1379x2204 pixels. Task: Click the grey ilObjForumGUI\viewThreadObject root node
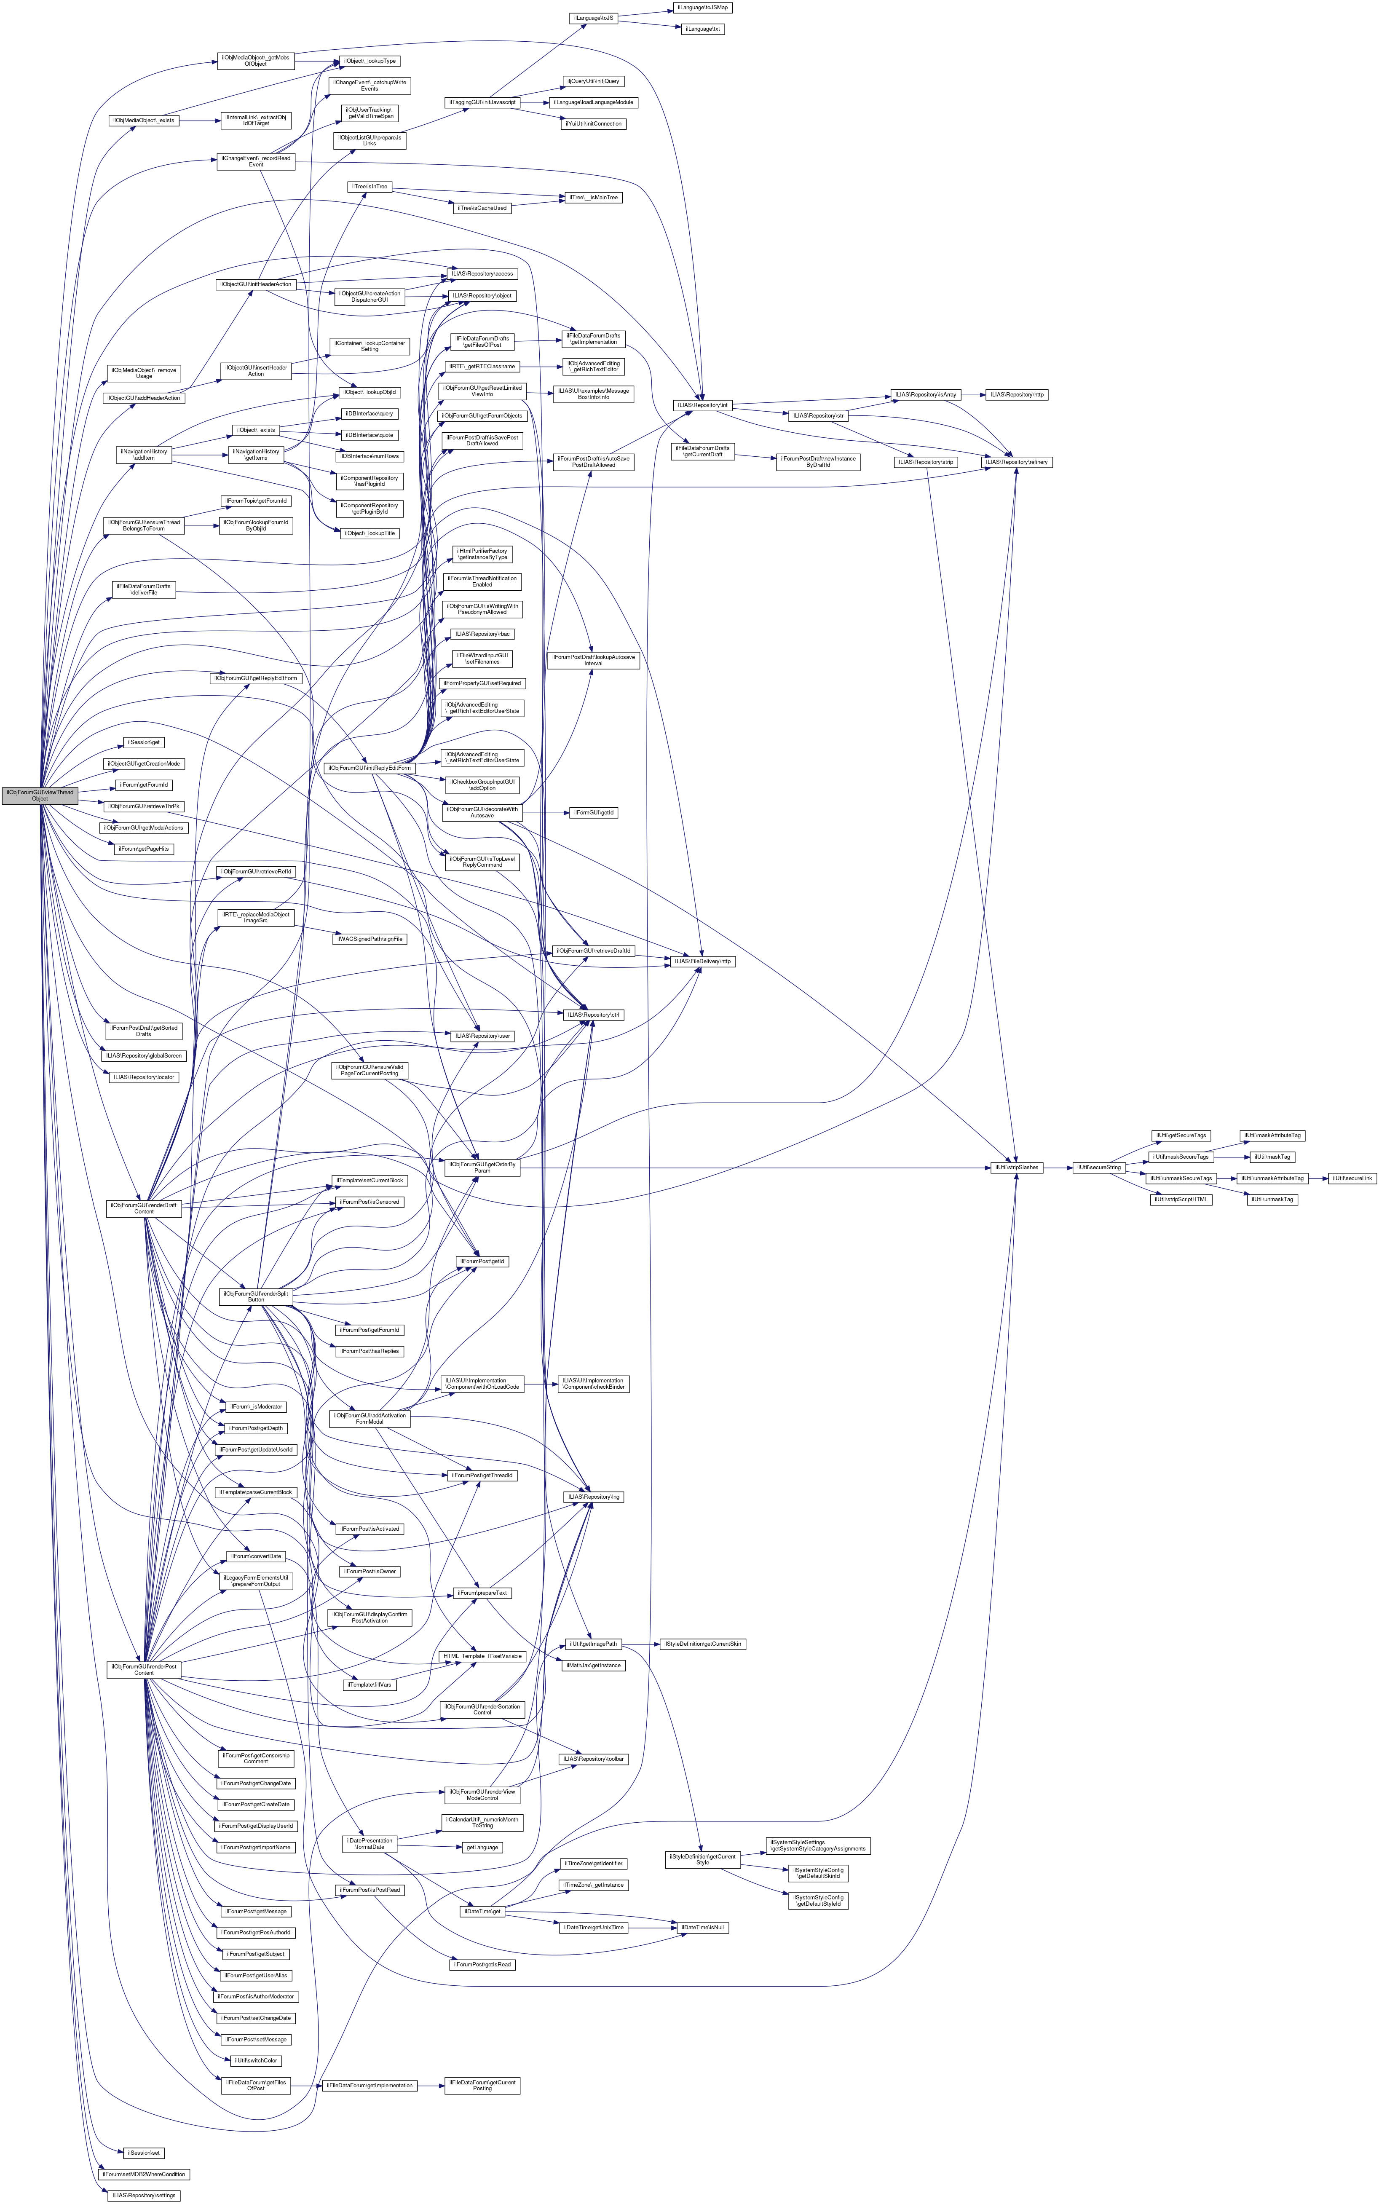pos(39,795)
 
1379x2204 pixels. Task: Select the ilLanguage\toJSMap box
pos(702,7)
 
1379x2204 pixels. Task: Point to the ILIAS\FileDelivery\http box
pos(702,961)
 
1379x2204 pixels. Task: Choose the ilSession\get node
pos(144,742)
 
